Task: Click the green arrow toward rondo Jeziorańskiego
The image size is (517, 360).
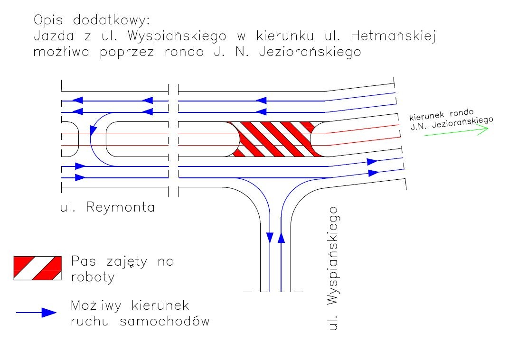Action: [456, 131]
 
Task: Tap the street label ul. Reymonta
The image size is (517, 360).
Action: [107, 207]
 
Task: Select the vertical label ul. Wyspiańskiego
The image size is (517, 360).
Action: [333, 268]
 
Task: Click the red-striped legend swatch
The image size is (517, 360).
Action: [38, 268]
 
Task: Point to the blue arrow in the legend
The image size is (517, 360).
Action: [36, 313]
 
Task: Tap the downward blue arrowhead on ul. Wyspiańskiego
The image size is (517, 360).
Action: [270, 238]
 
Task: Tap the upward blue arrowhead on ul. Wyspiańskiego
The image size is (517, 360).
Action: [281, 237]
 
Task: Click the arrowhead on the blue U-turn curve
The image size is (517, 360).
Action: [93, 131]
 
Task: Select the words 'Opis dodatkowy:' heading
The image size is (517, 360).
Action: [92, 20]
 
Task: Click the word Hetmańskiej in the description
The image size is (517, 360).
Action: [394, 36]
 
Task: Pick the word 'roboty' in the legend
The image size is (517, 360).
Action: [93, 277]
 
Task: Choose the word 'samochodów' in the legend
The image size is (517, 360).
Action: [165, 321]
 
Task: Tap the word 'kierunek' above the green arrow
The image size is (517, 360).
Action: [425, 116]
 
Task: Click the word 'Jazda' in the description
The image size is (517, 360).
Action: [54, 36]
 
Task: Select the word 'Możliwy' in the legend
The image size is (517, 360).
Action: [96, 306]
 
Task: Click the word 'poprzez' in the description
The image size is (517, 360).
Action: [127, 52]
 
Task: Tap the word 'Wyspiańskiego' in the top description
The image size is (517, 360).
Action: [177, 36]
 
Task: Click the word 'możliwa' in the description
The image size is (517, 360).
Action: [61, 52]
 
